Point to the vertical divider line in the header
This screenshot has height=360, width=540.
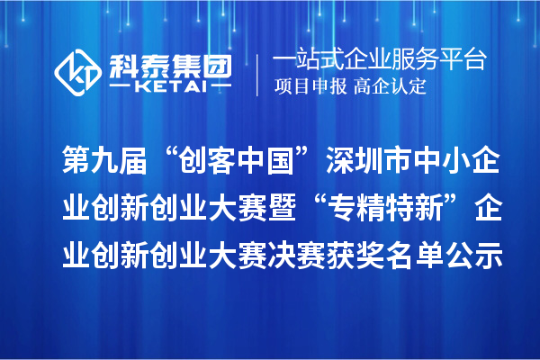point(258,72)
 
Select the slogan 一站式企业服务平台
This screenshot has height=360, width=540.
point(379,60)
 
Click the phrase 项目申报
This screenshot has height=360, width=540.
point(307,87)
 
